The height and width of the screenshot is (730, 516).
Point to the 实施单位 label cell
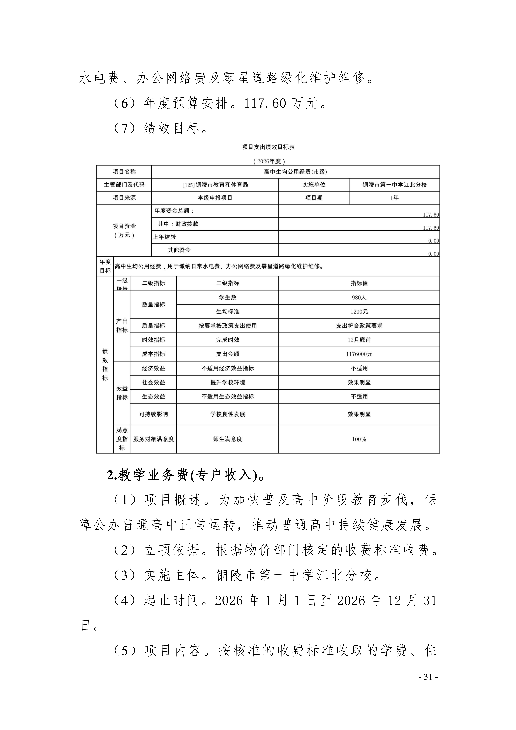314,185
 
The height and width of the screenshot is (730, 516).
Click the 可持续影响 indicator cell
153,414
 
